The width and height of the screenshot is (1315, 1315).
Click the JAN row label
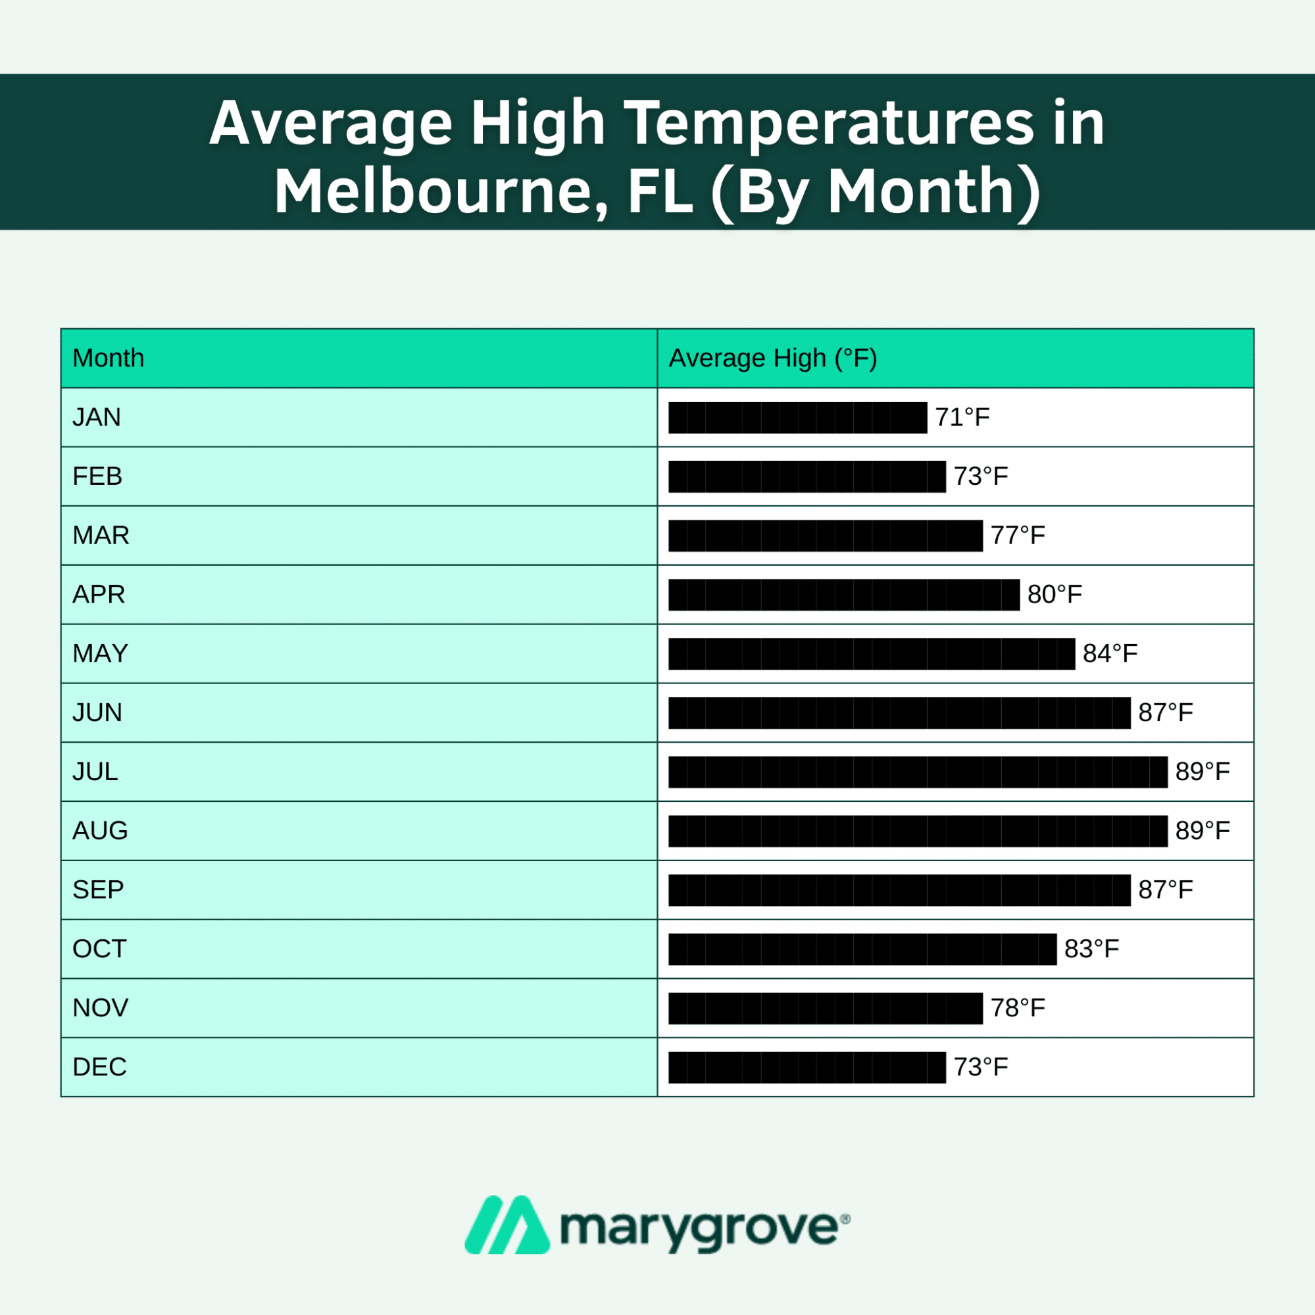tap(97, 417)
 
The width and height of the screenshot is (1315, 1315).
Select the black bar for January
tap(797, 417)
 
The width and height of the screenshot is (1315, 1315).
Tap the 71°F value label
tap(962, 417)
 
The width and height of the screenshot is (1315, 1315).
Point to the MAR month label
tap(101, 535)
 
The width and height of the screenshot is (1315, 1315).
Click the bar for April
tap(843, 595)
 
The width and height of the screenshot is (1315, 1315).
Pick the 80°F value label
tap(1054, 595)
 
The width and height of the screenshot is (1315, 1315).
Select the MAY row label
tap(100, 653)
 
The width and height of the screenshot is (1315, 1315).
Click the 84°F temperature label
tap(1110, 653)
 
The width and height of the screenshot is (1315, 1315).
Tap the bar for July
tap(918, 772)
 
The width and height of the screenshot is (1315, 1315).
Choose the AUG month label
tap(100, 831)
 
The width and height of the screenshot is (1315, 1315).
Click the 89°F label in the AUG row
tap(1202, 831)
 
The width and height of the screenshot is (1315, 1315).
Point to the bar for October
tap(862, 949)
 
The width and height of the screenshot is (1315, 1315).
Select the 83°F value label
tap(1091, 949)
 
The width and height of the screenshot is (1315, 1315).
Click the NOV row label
tap(100, 1008)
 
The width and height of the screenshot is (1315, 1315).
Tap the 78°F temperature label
tap(1017, 1008)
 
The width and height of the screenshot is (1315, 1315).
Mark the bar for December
tap(806, 1067)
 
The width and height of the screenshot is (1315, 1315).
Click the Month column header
tap(109, 358)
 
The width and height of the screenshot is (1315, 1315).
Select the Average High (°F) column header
tap(772, 358)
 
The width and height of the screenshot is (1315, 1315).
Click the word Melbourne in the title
tap(441, 192)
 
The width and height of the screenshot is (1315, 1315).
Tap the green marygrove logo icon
tap(507, 1225)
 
